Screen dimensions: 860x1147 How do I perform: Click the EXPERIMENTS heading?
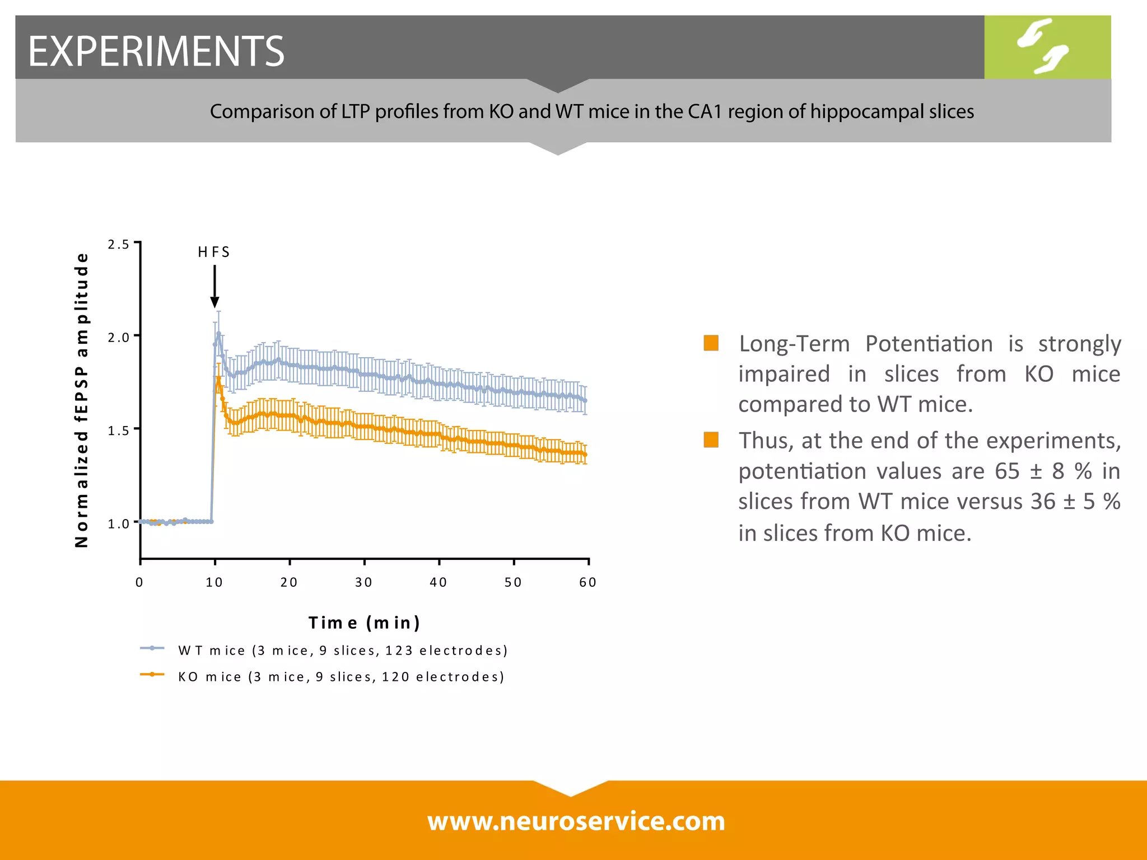156,51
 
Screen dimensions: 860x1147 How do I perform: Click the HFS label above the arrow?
214,252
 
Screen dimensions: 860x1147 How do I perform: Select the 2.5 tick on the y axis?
118,244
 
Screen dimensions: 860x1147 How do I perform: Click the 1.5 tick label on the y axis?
118,431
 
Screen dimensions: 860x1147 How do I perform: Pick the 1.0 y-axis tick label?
118,524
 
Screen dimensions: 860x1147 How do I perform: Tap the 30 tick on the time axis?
363,582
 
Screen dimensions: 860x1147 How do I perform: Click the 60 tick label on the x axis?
588,582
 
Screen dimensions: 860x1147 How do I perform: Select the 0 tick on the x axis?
139,582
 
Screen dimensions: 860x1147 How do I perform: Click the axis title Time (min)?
364,623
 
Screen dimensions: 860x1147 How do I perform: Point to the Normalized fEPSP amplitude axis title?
82,400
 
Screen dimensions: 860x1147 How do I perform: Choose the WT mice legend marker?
152,648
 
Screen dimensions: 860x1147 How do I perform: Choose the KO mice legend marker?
152,675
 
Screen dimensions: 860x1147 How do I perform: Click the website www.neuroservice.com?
576,821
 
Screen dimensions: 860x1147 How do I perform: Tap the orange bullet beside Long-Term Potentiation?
711,343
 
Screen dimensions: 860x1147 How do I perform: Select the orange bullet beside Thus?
711,440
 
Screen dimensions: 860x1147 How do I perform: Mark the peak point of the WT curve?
218,334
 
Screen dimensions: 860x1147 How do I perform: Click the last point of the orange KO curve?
585,455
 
